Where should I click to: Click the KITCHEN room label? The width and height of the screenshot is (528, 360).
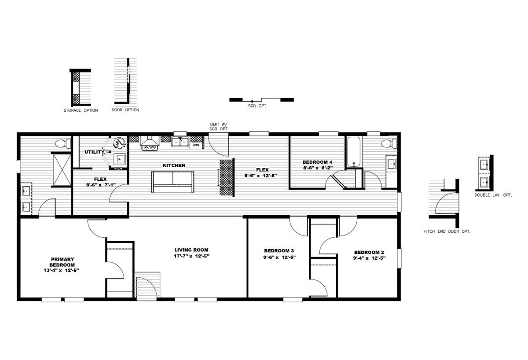[x=174, y=165]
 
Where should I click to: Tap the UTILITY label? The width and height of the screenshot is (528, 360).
[x=94, y=152]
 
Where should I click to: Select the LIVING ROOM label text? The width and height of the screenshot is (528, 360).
[x=191, y=250]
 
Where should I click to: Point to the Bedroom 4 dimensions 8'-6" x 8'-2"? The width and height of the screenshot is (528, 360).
[x=318, y=168]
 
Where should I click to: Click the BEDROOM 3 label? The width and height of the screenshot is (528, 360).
[x=279, y=250]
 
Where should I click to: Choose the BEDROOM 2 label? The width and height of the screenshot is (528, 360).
[x=369, y=252]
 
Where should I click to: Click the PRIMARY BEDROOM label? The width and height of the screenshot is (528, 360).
[x=62, y=262]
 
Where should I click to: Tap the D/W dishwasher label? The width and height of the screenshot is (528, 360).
[x=196, y=145]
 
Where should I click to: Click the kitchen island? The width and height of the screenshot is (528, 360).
[x=173, y=182]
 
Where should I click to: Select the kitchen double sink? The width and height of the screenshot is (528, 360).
[x=180, y=142]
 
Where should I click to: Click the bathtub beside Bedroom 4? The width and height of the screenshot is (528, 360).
[x=353, y=152]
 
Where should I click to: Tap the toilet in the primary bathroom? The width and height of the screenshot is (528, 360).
[x=63, y=143]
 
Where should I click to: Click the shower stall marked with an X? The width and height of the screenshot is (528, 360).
[x=62, y=170]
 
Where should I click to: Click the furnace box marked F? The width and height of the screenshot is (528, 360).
[x=119, y=159]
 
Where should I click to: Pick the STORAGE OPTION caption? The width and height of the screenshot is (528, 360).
[x=81, y=110]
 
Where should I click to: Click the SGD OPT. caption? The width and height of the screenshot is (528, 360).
[x=258, y=106]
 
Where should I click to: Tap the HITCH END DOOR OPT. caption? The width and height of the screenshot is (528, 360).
[x=447, y=231]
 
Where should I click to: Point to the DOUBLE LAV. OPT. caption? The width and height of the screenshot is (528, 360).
[x=493, y=195]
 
